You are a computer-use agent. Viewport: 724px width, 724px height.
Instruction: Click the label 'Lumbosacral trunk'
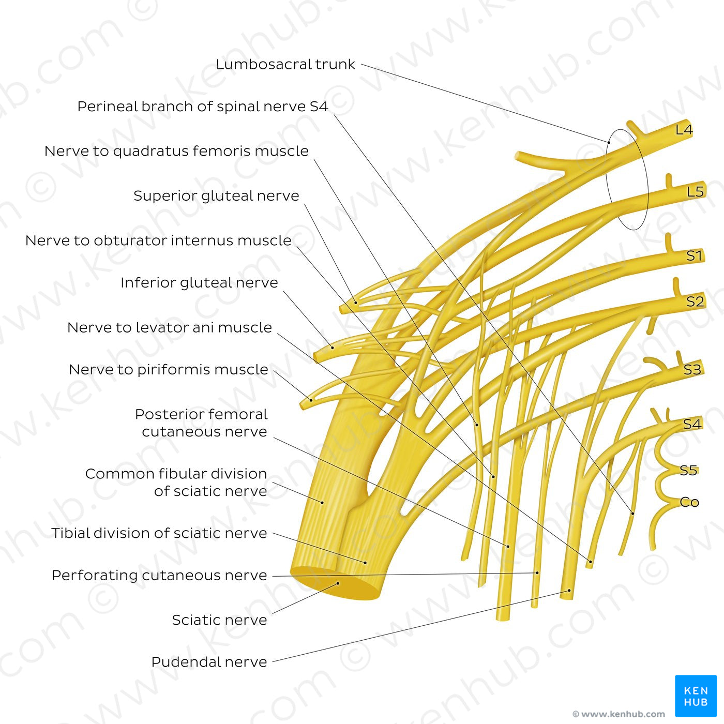[x=285, y=65]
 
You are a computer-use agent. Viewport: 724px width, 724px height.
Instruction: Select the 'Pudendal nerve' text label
[x=209, y=662]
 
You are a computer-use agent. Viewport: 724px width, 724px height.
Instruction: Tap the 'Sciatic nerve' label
[x=219, y=620]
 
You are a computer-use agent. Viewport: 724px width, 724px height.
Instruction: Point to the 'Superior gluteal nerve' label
[x=216, y=196]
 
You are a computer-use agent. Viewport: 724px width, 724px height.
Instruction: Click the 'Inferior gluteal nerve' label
[x=199, y=283]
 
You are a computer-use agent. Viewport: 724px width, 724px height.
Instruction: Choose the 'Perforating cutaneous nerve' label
[x=159, y=576]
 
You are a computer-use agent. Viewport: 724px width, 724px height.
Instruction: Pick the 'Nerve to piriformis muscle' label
[x=169, y=370]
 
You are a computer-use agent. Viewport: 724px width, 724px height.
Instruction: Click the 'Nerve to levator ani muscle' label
[x=170, y=328]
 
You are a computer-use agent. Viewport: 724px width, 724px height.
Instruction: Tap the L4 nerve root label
[x=684, y=130]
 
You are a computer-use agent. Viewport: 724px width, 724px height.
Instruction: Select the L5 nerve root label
[x=695, y=192]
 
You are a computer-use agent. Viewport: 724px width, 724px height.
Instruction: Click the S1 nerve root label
[x=695, y=255]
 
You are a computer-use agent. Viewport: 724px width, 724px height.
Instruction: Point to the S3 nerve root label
[x=692, y=370]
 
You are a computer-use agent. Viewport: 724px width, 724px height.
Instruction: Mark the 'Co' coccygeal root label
[x=689, y=502]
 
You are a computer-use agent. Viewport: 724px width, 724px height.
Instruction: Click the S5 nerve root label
[x=688, y=470]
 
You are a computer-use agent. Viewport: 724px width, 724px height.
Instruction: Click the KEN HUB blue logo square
[x=696, y=696]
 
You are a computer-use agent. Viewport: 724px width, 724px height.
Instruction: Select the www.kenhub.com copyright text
[x=619, y=714]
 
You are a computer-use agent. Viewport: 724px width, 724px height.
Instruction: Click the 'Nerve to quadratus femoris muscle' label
[x=176, y=151]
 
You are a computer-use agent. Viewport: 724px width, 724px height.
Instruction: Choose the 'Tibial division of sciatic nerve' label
[x=159, y=533]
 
